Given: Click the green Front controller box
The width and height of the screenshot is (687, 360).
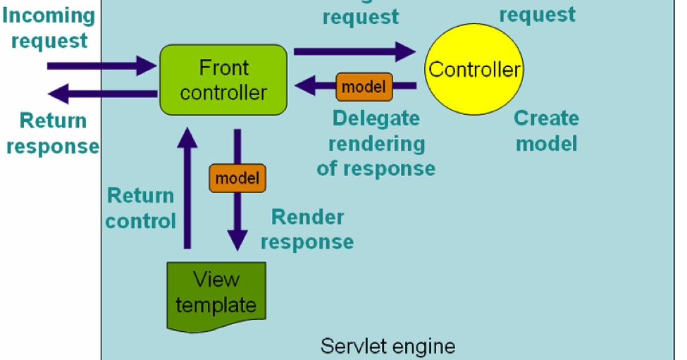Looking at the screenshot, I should click(223, 80).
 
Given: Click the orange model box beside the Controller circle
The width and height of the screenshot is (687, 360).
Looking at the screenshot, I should click(363, 87).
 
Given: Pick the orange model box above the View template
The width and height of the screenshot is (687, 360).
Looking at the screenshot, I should click(237, 178).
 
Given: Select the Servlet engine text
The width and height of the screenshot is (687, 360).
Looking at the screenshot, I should click(388, 346).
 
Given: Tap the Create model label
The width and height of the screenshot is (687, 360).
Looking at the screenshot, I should click(546, 130).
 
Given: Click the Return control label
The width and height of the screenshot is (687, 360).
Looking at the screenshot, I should click(140, 208).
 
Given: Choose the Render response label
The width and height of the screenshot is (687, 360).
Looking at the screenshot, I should click(307, 229).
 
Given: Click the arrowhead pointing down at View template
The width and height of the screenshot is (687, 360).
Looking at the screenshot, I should click(237, 239).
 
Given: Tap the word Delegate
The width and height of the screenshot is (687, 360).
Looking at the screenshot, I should click(376, 118).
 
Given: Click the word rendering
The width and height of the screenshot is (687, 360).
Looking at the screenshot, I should click(376, 144).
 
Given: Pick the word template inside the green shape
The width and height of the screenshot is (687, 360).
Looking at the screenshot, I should click(216, 305).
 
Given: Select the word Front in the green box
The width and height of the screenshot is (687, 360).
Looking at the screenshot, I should click(223, 68).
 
